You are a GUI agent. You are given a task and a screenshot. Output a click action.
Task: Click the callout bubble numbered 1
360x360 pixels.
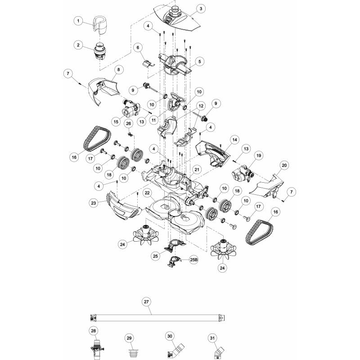pyautogui.click(x=78, y=21)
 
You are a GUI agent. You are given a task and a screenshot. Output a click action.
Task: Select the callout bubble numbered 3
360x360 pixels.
pyautogui.click(x=201, y=9)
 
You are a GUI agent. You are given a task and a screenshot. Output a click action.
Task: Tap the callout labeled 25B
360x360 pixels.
pyautogui.click(x=193, y=260)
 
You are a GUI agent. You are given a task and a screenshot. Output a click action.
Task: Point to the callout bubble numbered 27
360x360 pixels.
pyautogui.click(x=146, y=301)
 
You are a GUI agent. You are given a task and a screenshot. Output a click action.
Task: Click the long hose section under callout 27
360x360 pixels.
pyautogui.click(x=157, y=318)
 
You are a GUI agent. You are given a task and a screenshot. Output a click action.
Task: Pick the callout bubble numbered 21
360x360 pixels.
pyautogui.click(x=197, y=170)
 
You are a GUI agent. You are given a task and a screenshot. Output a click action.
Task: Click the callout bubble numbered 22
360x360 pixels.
pyautogui.click(x=147, y=193)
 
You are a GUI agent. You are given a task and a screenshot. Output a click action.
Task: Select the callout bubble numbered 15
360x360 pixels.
pyautogui.click(x=116, y=121)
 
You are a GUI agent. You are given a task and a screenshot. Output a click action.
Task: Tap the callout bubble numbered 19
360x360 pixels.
pyautogui.click(x=258, y=155)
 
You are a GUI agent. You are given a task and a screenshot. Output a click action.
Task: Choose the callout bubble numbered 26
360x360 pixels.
pyautogui.click(x=128, y=123)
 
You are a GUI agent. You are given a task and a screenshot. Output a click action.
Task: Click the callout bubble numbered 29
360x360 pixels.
pyautogui.click(x=129, y=338)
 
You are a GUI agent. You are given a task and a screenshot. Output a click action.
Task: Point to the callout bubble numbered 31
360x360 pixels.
pyautogui.click(x=212, y=338)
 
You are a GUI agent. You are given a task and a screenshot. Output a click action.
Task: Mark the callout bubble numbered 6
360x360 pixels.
pyautogui.click(x=138, y=48)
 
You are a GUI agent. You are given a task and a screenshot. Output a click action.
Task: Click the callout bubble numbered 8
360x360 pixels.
pyautogui.click(x=118, y=70)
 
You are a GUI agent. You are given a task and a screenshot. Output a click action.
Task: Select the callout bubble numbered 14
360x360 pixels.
pyautogui.click(x=234, y=139)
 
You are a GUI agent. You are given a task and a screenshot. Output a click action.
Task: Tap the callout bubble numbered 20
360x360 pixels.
pyautogui.click(x=284, y=165)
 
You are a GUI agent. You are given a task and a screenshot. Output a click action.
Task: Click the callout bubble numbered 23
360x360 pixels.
pyautogui.click(x=94, y=203)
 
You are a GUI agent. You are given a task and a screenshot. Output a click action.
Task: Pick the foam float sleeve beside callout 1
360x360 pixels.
pyautogui.click(x=100, y=25)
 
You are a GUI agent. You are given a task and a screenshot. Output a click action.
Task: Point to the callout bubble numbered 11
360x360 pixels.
pyautogui.click(x=153, y=120)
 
